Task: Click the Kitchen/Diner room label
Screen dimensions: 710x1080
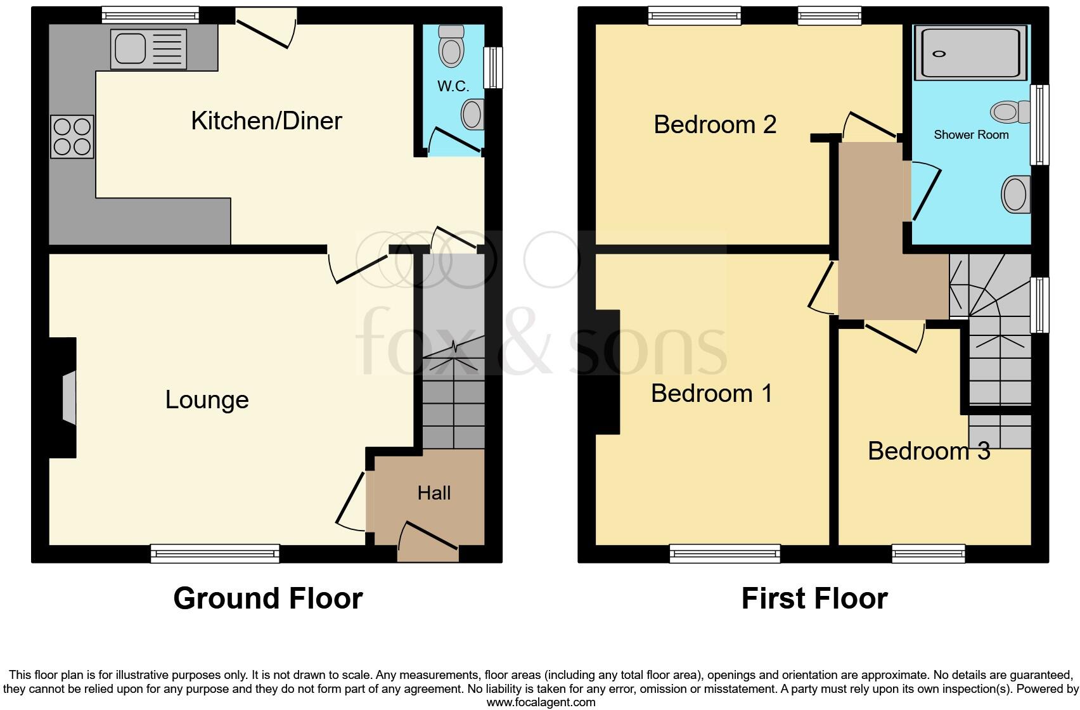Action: pos(266,120)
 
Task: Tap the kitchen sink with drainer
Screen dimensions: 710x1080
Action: pos(149,49)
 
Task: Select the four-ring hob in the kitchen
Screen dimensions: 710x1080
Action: pos(72,137)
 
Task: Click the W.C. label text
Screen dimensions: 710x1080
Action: pos(453,86)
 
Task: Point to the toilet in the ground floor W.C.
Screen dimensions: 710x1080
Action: pos(451,47)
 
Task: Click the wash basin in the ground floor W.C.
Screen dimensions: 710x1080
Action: pos(472,115)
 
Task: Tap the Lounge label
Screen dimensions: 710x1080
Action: pos(207,399)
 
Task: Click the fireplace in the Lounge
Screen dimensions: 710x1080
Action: pos(68,397)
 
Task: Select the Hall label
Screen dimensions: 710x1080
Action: pos(434,493)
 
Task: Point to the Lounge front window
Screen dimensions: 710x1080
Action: pos(215,553)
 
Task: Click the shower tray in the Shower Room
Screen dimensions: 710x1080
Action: pos(970,53)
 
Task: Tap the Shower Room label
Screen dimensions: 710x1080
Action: pos(971,134)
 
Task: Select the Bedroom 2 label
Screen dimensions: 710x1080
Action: pos(715,124)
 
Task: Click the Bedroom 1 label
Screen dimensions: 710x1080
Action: pos(712,393)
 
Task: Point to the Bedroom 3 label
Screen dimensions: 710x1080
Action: pos(929,451)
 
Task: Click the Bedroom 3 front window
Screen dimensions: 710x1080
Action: pos(929,553)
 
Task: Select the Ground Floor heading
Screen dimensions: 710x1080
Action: pos(267,598)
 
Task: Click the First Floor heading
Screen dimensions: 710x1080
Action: pos(814,598)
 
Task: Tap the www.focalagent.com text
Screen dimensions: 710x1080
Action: pos(541,702)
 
